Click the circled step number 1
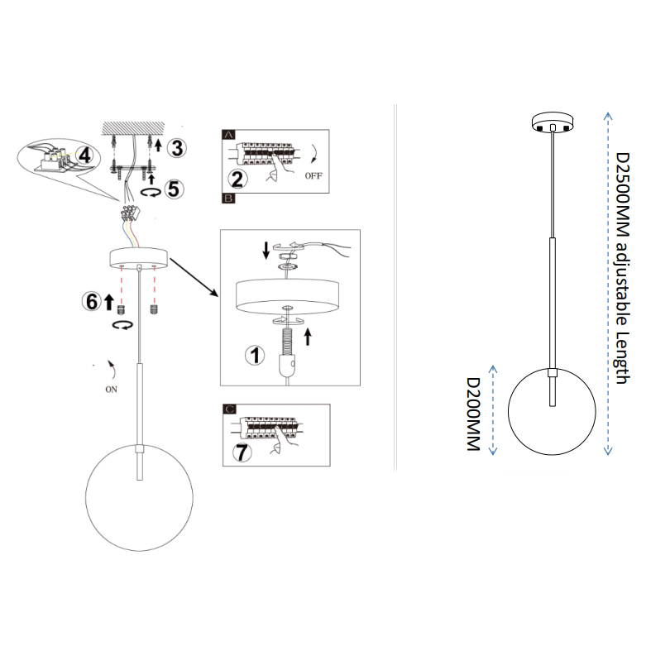(255, 355)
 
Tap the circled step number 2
(237, 179)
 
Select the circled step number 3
(176, 148)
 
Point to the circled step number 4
(85, 155)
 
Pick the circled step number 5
(174, 189)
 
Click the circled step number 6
(92, 301)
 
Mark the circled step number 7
(242, 452)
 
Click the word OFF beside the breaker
(313, 175)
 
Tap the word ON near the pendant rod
(111, 390)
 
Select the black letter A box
(228, 135)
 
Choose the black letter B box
(228, 199)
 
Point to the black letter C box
(229, 409)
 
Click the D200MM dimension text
(473, 414)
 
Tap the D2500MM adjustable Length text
(622, 268)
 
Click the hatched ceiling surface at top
(133, 127)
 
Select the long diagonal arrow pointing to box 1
(194, 277)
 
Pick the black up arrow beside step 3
(158, 146)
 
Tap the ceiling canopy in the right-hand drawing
(553, 122)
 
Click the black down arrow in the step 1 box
(266, 251)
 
